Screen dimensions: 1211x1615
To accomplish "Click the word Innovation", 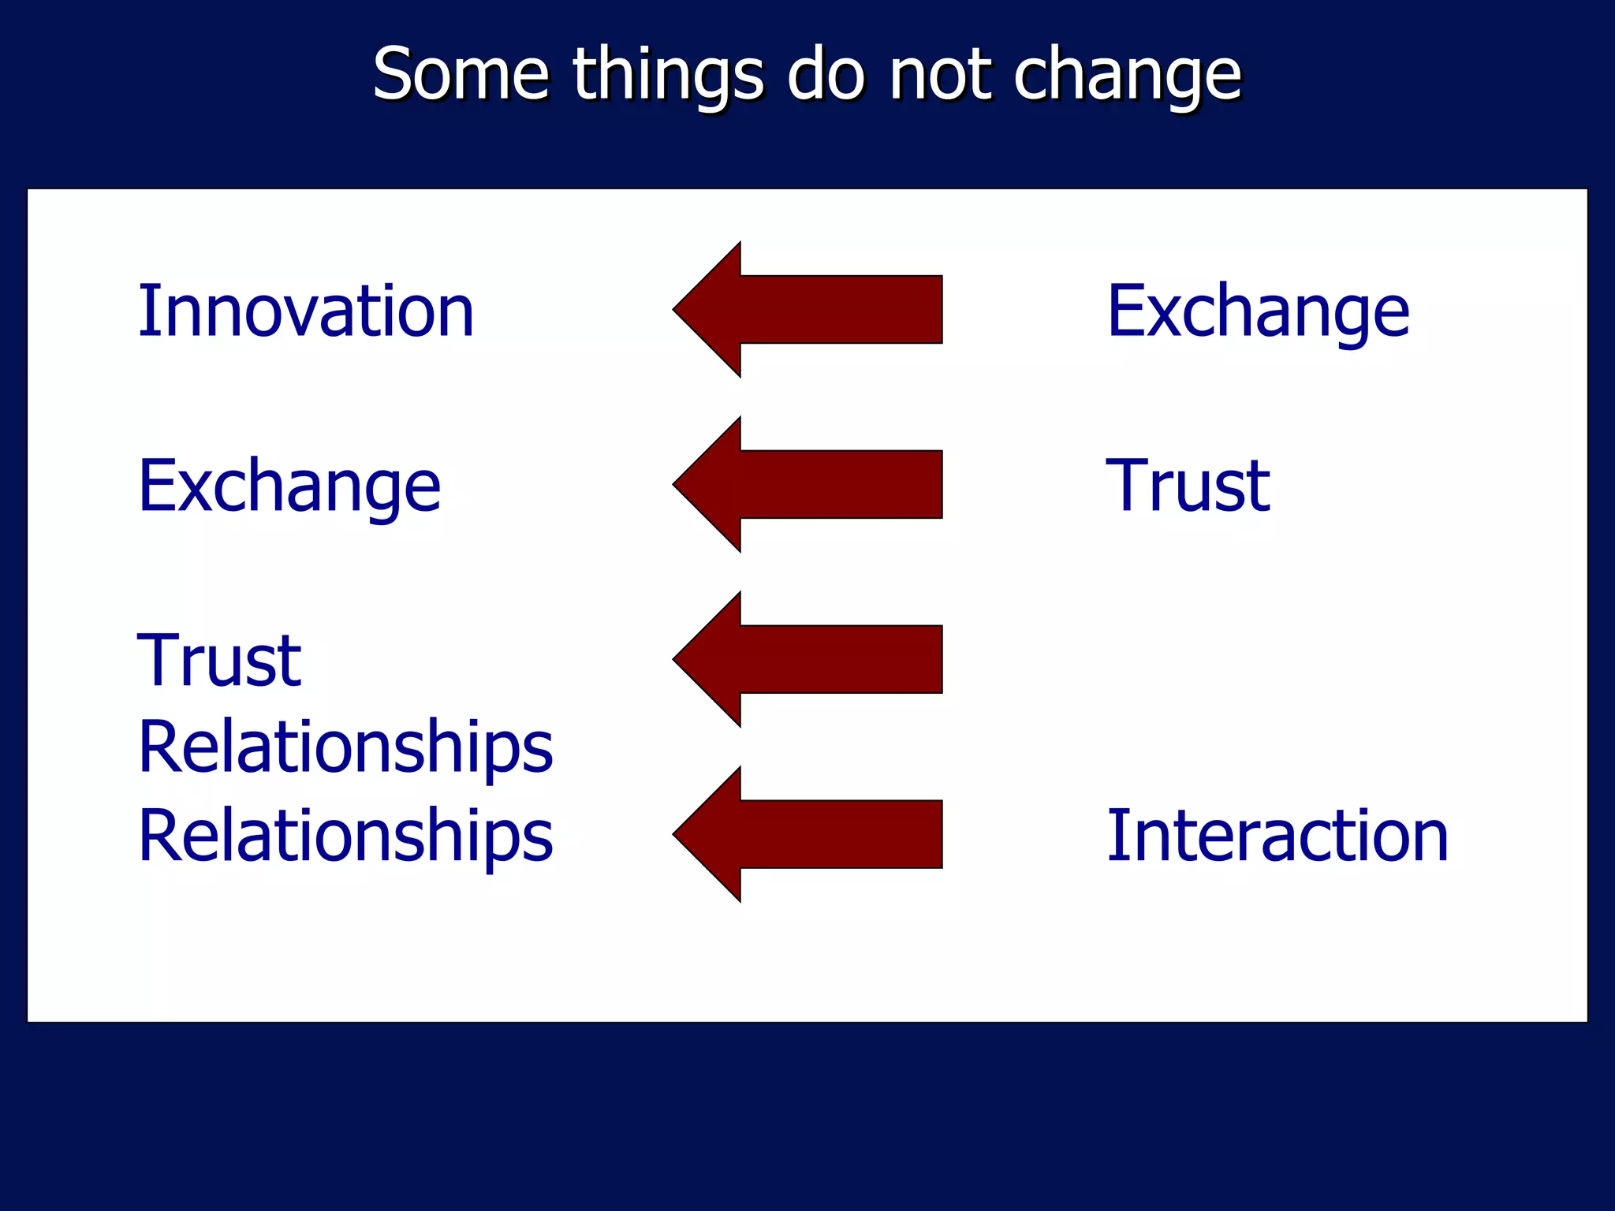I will [x=306, y=311].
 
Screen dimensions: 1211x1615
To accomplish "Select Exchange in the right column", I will [x=1258, y=313].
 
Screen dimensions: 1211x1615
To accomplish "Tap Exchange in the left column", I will [x=289, y=487].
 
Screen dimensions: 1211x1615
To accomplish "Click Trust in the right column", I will [x=1188, y=486].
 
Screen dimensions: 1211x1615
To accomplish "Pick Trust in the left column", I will [x=219, y=661].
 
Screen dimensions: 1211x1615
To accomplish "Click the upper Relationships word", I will [x=345, y=747].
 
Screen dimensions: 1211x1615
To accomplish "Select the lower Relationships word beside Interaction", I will [x=345, y=836].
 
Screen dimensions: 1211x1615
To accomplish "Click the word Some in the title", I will [x=461, y=74].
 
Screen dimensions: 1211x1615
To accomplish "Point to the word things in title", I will [x=668, y=76].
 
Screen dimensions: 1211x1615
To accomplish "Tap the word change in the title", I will [x=1127, y=76].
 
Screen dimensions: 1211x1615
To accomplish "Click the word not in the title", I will [x=939, y=74].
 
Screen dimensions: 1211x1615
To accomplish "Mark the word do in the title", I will [x=826, y=74].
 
